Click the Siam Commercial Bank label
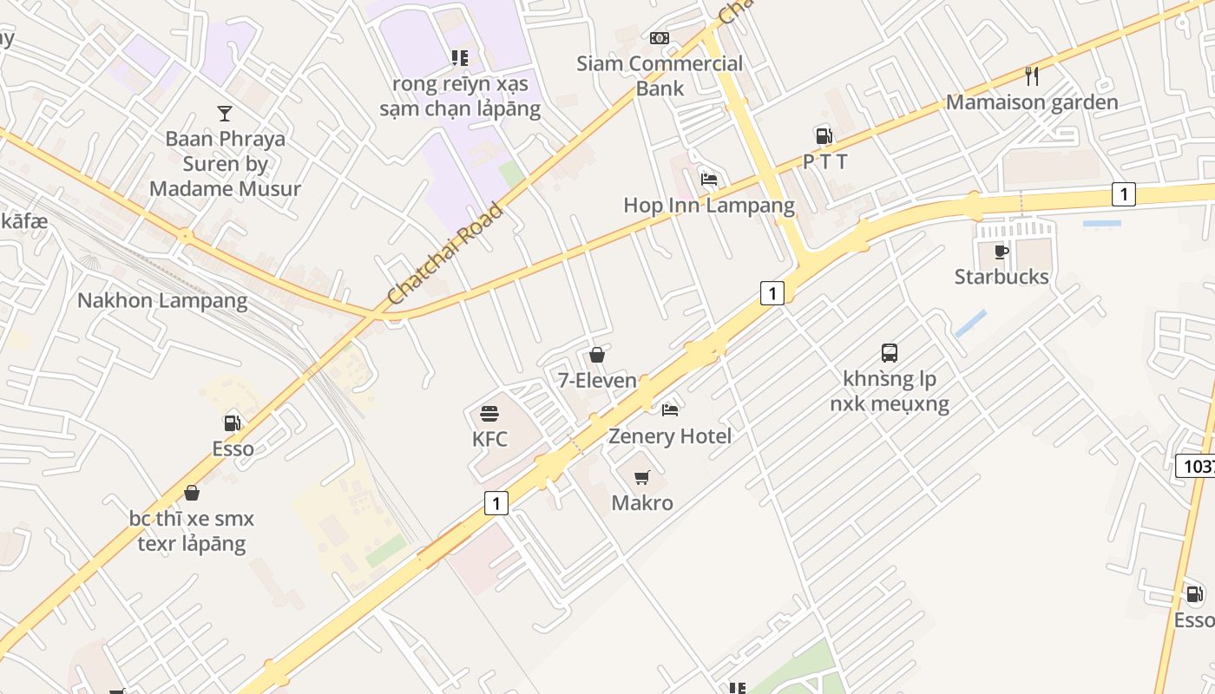coord(660,75)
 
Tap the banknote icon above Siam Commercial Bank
coord(660,38)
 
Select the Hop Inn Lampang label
coord(709,206)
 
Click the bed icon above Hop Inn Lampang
coord(709,180)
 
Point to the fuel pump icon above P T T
coord(824,135)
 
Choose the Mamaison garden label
coord(1032,102)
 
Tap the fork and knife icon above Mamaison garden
coord(1032,76)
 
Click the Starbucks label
coord(1002,277)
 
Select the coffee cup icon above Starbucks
coord(1002,252)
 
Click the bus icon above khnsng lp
coord(890,353)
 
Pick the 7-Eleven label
coord(596,381)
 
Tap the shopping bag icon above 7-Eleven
coord(596,355)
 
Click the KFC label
coord(489,439)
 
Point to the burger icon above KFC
coord(489,413)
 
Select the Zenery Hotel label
coord(670,435)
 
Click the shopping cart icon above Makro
coord(642,477)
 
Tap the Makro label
coord(642,503)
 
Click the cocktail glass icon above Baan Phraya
coord(225,113)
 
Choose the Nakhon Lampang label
coord(162,301)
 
